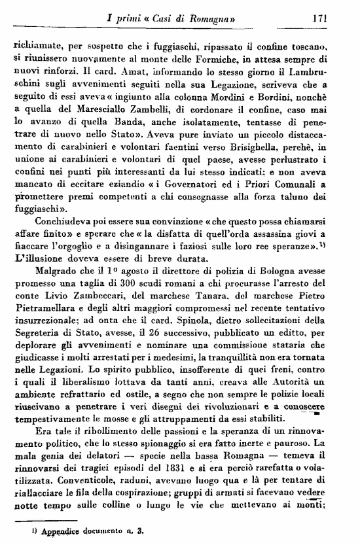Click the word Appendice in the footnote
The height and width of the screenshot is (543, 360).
point(58,532)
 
